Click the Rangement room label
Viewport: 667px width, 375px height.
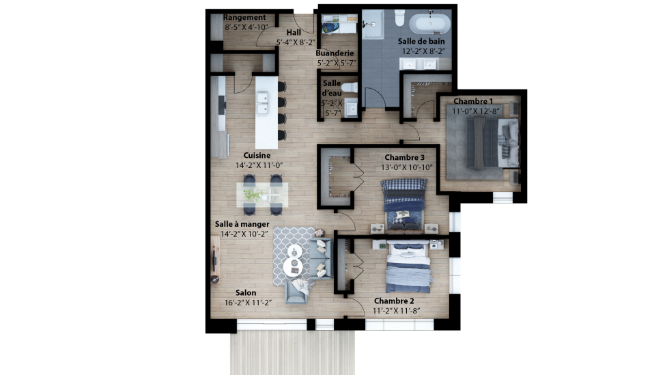(244, 18)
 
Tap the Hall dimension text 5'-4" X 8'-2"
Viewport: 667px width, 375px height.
(296, 42)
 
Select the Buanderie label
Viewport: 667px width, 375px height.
(335, 53)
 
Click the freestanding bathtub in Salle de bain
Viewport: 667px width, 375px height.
(429, 24)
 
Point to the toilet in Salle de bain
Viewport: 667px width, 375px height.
(399, 18)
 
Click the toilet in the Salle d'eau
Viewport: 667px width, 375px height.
(350, 87)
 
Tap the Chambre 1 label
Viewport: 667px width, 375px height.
(473, 101)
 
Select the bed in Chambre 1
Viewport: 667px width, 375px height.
(493, 143)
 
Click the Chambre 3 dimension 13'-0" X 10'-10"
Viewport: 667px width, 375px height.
(407, 167)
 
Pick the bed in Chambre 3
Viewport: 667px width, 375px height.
(404, 205)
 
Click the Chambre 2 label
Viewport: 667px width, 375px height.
(394, 301)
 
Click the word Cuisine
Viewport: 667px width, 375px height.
(257, 155)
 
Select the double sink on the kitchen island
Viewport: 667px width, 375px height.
(262, 103)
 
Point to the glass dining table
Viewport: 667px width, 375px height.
(262, 195)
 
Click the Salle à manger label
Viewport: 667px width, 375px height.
(242, 224)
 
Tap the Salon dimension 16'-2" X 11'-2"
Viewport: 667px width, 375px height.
(248, 303)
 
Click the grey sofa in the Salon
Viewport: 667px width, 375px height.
(321, 259)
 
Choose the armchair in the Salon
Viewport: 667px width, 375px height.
(296, 292)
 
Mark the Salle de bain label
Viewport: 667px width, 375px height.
(421, 41)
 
